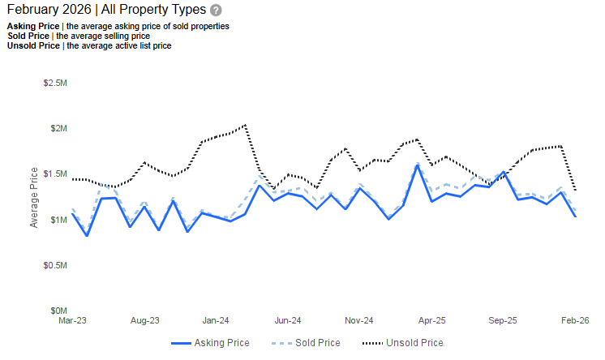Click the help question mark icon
pos(215,11)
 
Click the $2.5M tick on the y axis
pos(54,84)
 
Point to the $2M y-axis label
pos(58,129)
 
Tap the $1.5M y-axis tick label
pos(54,174)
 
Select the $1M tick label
pos(58,220)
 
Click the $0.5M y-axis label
pos(54,265)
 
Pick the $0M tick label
pos(58,311)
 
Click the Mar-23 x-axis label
pos(73,321)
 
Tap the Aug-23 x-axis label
pos(144,321)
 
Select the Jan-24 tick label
pos(216,321)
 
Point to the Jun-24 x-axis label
pos(287,321)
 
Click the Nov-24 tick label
pos(358,321)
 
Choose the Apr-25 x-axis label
pos(431,321)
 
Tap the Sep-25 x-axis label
pos(502,321)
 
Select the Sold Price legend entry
pos(305,343)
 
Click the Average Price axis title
pos(34,197)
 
